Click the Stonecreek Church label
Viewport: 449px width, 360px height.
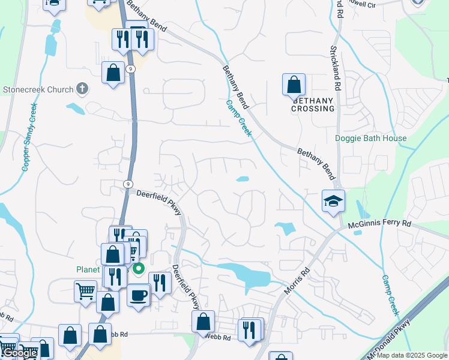(x=37, y=89)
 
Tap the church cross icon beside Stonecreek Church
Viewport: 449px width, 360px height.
(x=83, y=89)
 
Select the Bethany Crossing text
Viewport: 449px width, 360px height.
(x=313, y=104)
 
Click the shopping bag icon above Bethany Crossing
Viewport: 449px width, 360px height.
(x=294, y=85)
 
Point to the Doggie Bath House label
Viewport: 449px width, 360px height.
(x=370, y=139)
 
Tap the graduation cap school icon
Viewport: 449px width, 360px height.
(x=333, y=201)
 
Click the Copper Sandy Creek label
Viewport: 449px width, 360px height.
(x=29, y=137)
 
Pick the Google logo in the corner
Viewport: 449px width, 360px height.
(x=20, y=353)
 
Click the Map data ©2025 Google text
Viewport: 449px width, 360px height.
(x=412, y=355)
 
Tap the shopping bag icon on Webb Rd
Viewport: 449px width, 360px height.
(x=203, y=322)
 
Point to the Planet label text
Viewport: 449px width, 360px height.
(x=88, y=269)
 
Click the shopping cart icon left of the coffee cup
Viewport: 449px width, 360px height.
(x=85, y=292)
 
